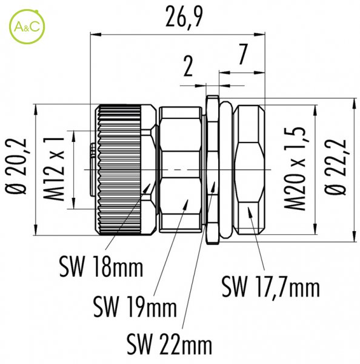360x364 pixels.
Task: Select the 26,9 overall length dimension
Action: (184, 18)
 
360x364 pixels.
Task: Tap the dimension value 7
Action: (242, 54)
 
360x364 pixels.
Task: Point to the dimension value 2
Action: (188, 67)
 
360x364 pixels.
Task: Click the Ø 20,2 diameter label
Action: (16, 167)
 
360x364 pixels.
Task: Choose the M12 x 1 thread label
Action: (53, 169)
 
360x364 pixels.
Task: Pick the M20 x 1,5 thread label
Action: (295, 169)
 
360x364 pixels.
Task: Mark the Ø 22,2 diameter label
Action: (336, 167)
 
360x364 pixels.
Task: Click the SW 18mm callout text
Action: (101, 267)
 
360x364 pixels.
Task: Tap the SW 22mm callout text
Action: (169, 344)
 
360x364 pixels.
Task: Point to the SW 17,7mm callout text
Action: (271, 287)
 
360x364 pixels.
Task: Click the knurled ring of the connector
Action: (119, 170)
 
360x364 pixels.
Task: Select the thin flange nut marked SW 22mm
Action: (213, 169)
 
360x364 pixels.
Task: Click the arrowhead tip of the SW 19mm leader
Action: (188, 200)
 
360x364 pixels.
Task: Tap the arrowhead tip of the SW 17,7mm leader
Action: (248, 207)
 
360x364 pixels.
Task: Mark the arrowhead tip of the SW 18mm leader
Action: (150, 184)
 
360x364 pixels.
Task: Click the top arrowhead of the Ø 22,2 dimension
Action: (354, 98)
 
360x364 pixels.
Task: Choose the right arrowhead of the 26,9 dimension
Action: (265, 35)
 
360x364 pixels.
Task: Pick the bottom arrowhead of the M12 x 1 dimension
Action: (74, 209)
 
